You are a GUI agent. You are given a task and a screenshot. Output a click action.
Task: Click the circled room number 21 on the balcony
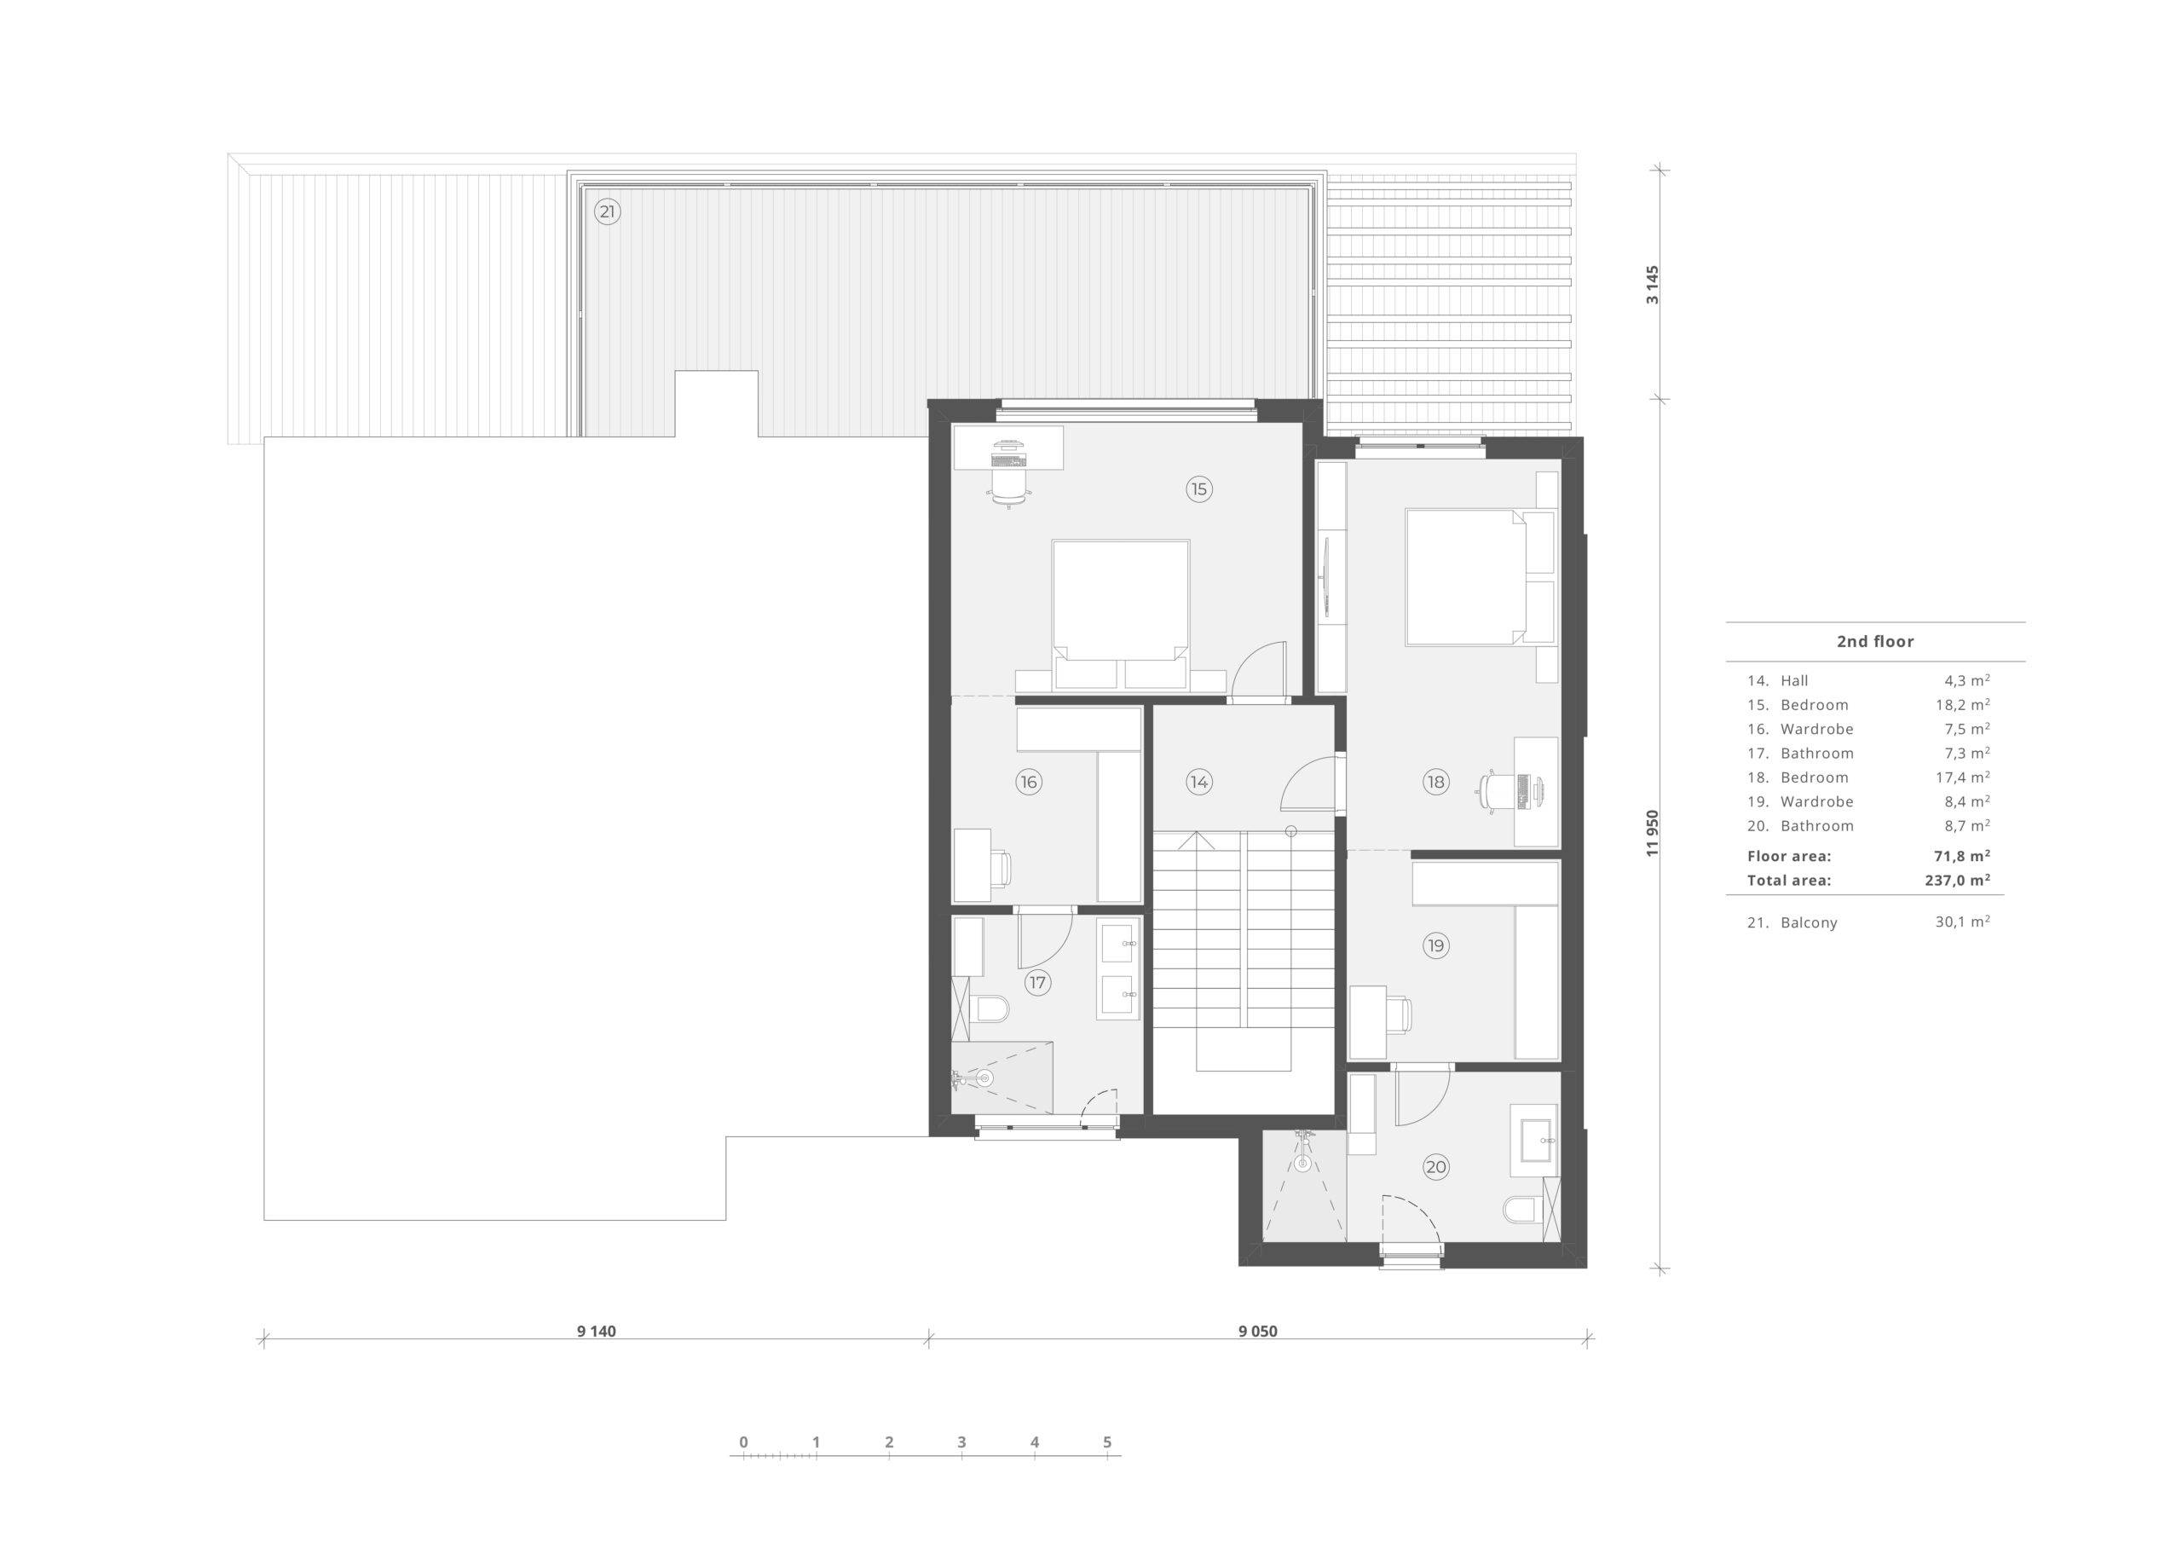click(x=606, y=212)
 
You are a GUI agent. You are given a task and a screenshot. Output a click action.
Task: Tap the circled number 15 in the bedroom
click(x=1198, y=489)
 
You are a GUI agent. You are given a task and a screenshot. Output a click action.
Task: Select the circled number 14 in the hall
click(x=1198, y=783)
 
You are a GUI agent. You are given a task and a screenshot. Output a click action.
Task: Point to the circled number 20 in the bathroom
click(x=1435, y=1167)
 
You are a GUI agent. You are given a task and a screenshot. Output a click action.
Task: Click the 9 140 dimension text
click(x=596, y=1331)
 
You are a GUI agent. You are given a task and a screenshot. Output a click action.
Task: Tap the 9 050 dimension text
click(x=1257, y=1331)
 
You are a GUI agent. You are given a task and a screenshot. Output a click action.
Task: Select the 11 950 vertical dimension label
click(x=1653, y=833)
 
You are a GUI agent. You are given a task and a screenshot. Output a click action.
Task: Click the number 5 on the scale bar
click(x=1107, y=1442)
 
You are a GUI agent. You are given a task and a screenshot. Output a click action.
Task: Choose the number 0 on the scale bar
click(x=743, y=1442)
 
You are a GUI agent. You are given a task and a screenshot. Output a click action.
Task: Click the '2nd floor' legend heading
click(x=1875, y=642)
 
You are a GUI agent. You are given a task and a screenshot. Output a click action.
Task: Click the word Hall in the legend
click(x=1794, y=680)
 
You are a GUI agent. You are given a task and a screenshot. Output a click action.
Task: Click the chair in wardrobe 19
click(x=1400, y=1014)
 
